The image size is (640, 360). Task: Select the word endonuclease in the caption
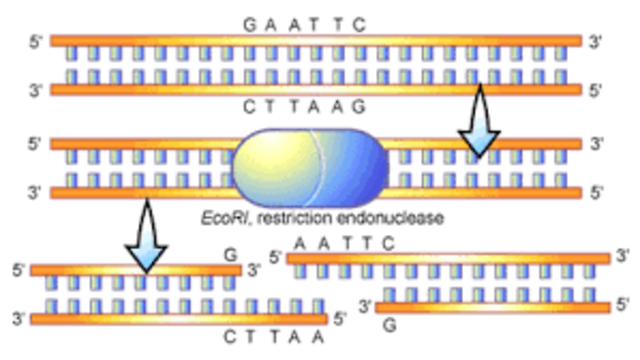coord(394,217)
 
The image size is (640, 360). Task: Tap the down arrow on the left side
coord(148,234)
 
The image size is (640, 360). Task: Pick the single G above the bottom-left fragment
coord(230,256)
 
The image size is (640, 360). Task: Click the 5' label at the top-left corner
coord(38,43)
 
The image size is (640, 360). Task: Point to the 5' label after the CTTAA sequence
coord(339,319)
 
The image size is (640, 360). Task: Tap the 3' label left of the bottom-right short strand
coord(365,306)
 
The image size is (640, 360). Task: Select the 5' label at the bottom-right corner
coord(623,304)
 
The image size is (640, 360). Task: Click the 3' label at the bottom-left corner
coord(17,319)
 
